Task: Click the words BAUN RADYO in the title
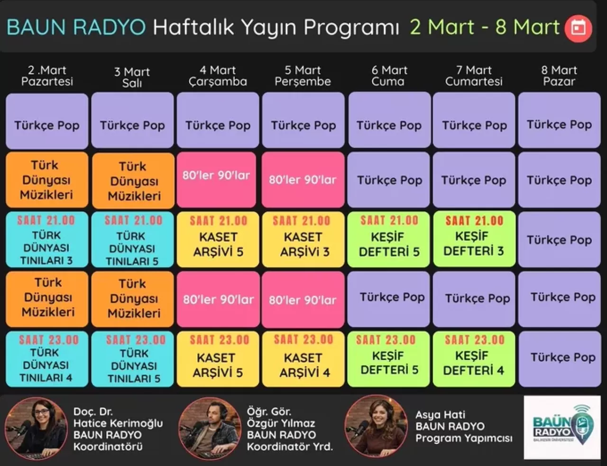pyautogui.click(x=76, y=27)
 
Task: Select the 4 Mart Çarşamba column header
pyautogui.click(x=218, y=76)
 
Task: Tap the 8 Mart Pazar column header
pyautogui.click(x=559, y=76)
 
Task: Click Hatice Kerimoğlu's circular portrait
pyautogui.click(x=36, y=428)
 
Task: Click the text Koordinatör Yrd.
pyautogui.click(x=290, y=446)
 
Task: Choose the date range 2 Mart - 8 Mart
pyautogui.click(x=485, y=27)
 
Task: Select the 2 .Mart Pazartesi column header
pyautogui.click(x=47, y=76)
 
